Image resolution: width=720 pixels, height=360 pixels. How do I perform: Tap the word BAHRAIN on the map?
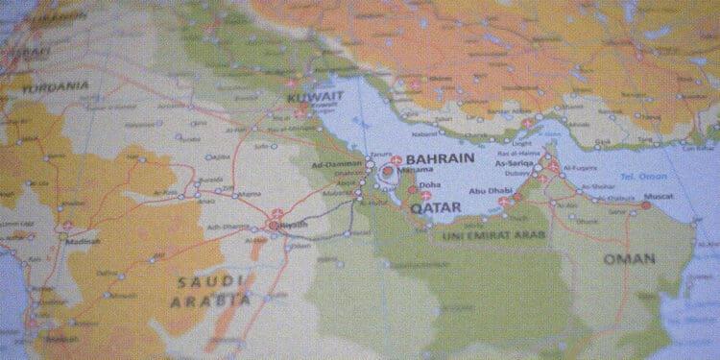(x=442, y=159)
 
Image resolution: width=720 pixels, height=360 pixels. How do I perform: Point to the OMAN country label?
(x=629, y=259)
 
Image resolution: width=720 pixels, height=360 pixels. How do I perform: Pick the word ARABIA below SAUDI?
(x=210, y=300)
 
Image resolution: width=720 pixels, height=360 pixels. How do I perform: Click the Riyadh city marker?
(x=276, y=226)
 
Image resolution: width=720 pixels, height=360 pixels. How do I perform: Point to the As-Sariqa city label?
(x=514, y=164)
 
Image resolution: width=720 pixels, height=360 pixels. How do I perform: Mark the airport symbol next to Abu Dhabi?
(x=505, y=203)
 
